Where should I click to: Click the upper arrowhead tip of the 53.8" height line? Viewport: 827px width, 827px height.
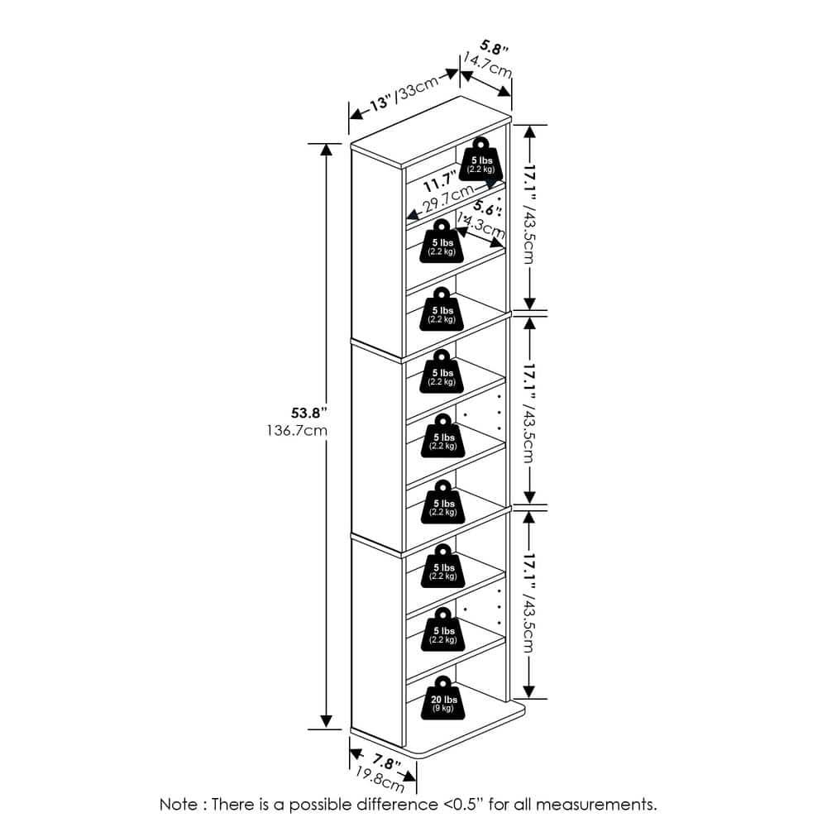click(x=327, y=144)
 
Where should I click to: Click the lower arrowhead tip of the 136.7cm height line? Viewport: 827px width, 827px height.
click(x=327, y=729)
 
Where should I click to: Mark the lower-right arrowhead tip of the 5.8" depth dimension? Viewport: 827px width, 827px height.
click(x=510, y=97)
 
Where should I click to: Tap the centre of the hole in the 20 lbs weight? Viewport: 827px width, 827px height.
click(x=443, y=684)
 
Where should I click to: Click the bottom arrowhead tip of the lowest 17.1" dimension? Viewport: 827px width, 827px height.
click(x=529, y=698)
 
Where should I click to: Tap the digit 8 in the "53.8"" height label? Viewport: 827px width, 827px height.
click(x=317, y=413)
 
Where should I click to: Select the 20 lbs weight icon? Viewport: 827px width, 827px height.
click(x=443, y=698)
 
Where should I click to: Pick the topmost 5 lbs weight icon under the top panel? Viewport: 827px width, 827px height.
click(x=481, y=159)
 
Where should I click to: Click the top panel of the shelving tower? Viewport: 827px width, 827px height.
click(x=431, y=132)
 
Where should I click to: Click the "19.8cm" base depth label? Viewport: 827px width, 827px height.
click(x=380, y=779)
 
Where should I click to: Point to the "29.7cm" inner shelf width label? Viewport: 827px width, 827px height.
click(x=449, y=198)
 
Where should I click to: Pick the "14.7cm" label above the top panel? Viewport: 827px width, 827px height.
click(x=487, y=65)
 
